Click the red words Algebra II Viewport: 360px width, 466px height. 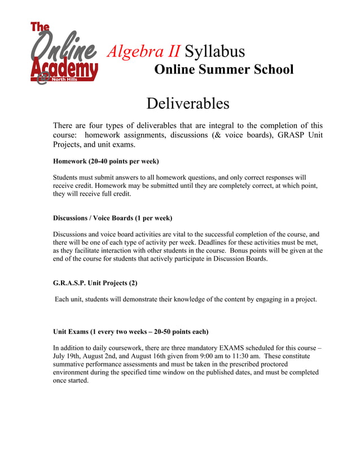(143, 51)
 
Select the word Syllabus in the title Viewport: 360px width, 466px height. (215, 51)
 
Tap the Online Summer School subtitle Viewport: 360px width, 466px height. (223, 69)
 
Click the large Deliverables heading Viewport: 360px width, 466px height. (187, 104)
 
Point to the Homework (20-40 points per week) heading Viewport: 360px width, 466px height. (106, 161)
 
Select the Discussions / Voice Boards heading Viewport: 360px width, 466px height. (112, 218)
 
